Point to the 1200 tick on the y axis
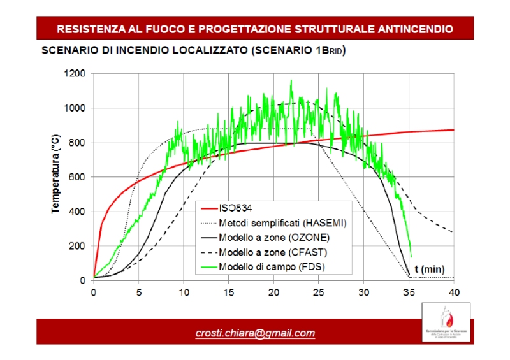[75, 74]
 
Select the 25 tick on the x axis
[319, 292]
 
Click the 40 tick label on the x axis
[454, 292]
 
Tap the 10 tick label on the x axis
[184, 292]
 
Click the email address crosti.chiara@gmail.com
[255, 333]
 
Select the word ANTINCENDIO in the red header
[416, 29]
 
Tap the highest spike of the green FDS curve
[291, 80]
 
